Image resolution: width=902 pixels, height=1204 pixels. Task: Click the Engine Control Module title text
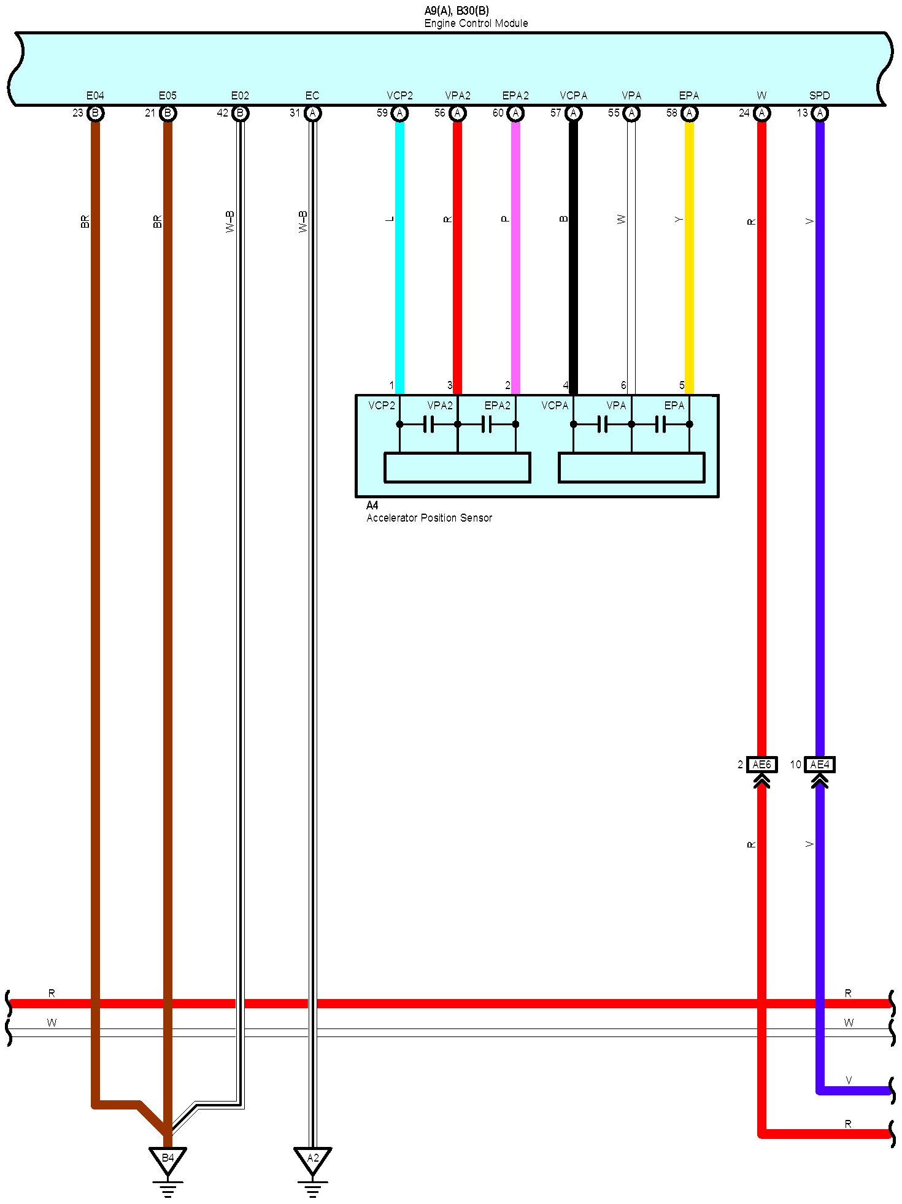point(476,23)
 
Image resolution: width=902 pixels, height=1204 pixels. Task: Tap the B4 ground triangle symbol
point(168,1158)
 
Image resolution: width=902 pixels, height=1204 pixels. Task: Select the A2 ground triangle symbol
point(312,1158)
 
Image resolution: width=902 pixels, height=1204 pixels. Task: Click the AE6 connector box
point(761,764)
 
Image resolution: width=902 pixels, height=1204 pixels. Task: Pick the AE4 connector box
point(819,764)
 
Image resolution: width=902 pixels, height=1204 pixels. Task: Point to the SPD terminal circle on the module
point(819,113)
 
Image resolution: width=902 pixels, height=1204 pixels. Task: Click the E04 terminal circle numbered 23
point(95,113)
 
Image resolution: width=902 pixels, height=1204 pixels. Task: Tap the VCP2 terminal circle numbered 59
point(399,113)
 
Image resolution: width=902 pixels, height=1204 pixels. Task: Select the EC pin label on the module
point(312,96)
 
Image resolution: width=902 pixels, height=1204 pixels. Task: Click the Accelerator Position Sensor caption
point(429,518)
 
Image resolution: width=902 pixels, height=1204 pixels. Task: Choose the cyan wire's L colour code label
point(390,219)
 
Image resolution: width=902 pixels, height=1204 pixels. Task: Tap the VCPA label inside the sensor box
point(555,406)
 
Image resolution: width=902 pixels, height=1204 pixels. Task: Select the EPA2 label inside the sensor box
point(497,406)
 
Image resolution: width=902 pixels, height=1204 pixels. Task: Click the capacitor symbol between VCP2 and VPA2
point(428,424)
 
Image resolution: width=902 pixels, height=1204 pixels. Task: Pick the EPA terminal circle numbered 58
point(689,113)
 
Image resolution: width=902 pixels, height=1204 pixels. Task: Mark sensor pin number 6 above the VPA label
point(623,385)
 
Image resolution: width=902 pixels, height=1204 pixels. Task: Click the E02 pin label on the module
point(240,96)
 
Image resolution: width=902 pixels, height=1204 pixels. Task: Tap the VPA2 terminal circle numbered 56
point(457,113)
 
